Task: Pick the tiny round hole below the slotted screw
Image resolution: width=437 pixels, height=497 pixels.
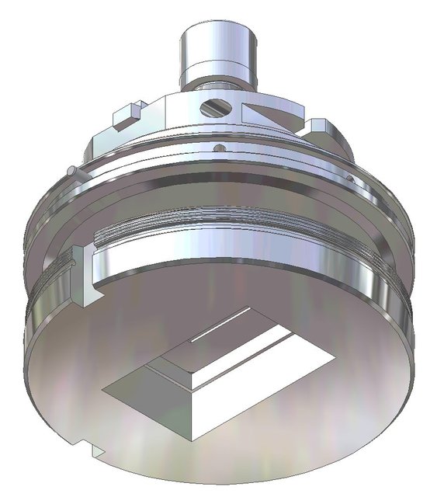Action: tap(219, 145)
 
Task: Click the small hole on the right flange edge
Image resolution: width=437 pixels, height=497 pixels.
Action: tap(353, 181)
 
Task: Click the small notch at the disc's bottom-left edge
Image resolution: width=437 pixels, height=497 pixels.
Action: tap(95, 449)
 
